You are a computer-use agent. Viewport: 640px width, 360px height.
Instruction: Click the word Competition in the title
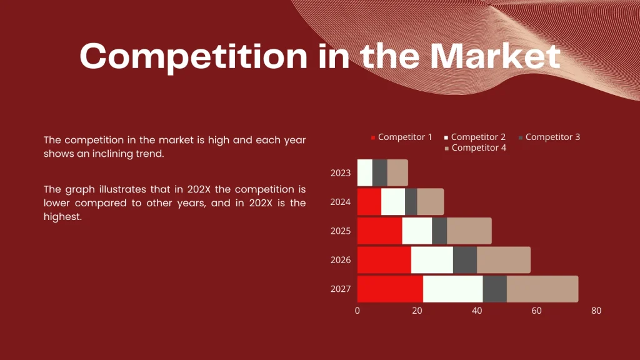click(x=194, y=56)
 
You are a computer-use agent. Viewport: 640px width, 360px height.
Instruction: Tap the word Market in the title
click(x=494, y=56)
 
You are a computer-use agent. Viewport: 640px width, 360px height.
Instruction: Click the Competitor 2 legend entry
click(x=478, y=137)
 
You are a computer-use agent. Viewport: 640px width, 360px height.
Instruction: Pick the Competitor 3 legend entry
click(x=552, y=137)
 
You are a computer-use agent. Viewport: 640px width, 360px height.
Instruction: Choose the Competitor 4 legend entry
click(x=479, y=148)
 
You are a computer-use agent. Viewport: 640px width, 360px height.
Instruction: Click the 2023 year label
click(x=341, y=173)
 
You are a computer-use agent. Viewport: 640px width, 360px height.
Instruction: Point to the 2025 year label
click(x=341, y=231)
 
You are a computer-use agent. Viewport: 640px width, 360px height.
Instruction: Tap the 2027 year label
click(x=341, y=289)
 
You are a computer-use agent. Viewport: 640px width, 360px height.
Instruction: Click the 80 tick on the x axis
click(x=596, y=311)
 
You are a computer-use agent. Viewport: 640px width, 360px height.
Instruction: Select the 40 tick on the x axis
click(x=477, y=311)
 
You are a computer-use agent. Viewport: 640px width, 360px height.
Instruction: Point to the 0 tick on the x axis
click(x=357, y=311)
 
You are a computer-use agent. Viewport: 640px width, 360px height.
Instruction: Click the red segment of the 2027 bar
click(x=390, y=289)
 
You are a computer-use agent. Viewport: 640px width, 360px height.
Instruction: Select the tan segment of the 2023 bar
click(x=397, y=173)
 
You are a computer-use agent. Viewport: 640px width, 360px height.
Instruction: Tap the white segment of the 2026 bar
click(x=432, y=260)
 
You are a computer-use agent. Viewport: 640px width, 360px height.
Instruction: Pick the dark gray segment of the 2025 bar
click(x=439, y=231)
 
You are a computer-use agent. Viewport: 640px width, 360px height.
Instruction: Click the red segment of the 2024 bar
click(x=369, y=202)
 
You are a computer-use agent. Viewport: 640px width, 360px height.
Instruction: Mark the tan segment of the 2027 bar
click(x=542, y=289)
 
